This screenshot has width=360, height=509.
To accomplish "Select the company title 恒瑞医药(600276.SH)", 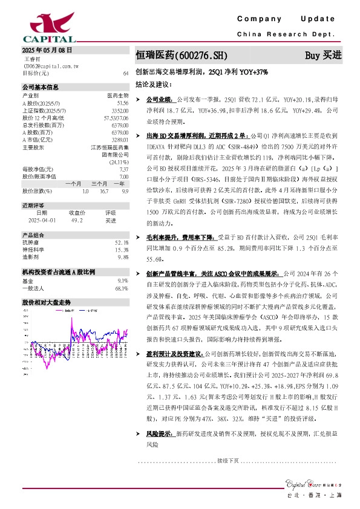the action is coord(181,55).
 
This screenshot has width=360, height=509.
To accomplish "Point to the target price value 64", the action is coord(125,73).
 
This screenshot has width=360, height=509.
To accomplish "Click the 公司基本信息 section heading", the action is coord(41,87).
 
